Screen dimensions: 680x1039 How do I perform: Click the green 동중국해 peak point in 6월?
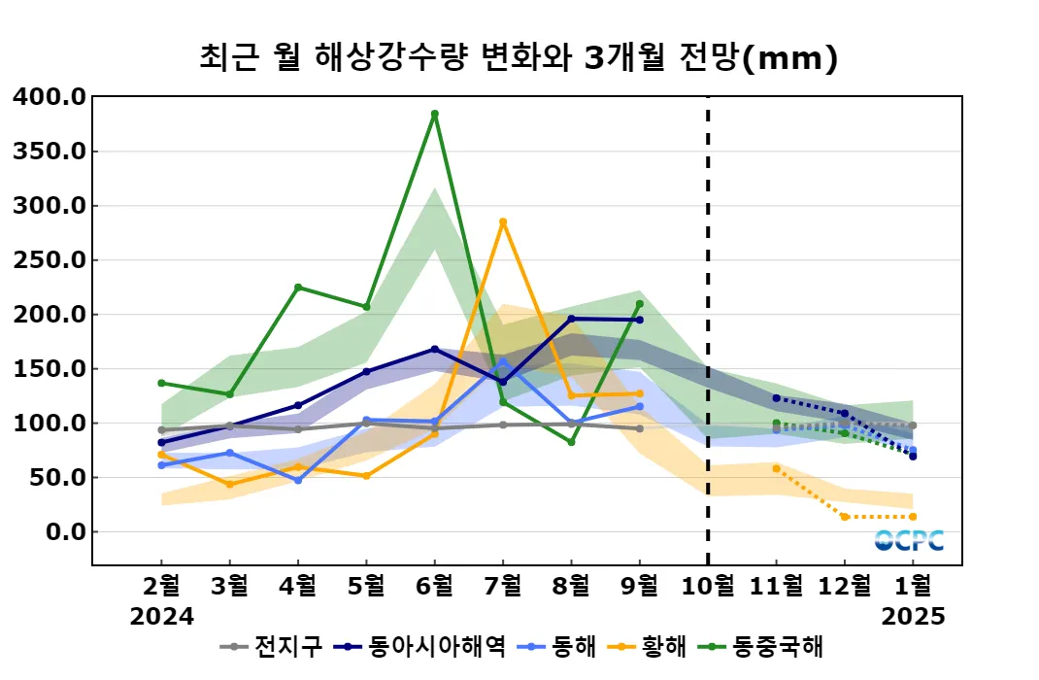[x=435, y=114]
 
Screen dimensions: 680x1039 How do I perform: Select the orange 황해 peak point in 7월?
[x=503, y=221]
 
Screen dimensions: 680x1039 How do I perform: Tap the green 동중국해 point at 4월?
[x=298, y=288]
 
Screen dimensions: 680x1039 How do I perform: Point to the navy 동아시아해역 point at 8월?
[x=571, y=319]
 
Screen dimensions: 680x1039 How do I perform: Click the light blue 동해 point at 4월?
[x=298, y=481]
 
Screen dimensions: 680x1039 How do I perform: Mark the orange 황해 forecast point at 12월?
[x=845, y=517]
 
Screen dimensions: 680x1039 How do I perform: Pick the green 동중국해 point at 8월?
[x=571, y=442]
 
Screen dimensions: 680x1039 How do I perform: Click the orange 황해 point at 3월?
[x=230, y=485]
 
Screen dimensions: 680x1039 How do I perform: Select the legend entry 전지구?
[x=262, y=646]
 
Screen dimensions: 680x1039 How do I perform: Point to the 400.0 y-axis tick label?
[x=50, y=97]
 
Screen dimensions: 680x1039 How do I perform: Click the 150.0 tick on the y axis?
[x=50, y=369]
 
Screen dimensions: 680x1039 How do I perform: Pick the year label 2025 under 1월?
[x=913, y=616]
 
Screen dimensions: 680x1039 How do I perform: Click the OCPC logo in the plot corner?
[x=909, y=540]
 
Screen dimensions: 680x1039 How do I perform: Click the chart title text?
[x=519, y=58]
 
